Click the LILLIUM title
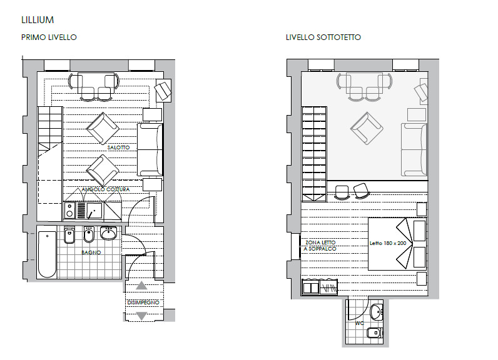click(38, 20)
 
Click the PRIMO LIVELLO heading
click(49, 37)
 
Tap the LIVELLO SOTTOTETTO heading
click(323, 37)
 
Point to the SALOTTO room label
click(118, 147)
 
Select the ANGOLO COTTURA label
click(106, 189)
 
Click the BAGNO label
click(91, 252)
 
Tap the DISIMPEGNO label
click(143, 302)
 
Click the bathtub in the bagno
click(48, 254)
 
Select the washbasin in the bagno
click(109, 233)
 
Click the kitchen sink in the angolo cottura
click(94, 211)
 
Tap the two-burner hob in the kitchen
click(69, 211)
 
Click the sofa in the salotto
click(150, 150)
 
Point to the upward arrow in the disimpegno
click(141, 286)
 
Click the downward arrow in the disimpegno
click(141, 316)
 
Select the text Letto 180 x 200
click(388, 243)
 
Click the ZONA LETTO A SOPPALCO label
click(320, 246)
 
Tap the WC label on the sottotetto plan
click(360, 323)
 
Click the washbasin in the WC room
click(377, 312)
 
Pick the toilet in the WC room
click(375, 333)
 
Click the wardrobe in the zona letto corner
click(320, 287)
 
